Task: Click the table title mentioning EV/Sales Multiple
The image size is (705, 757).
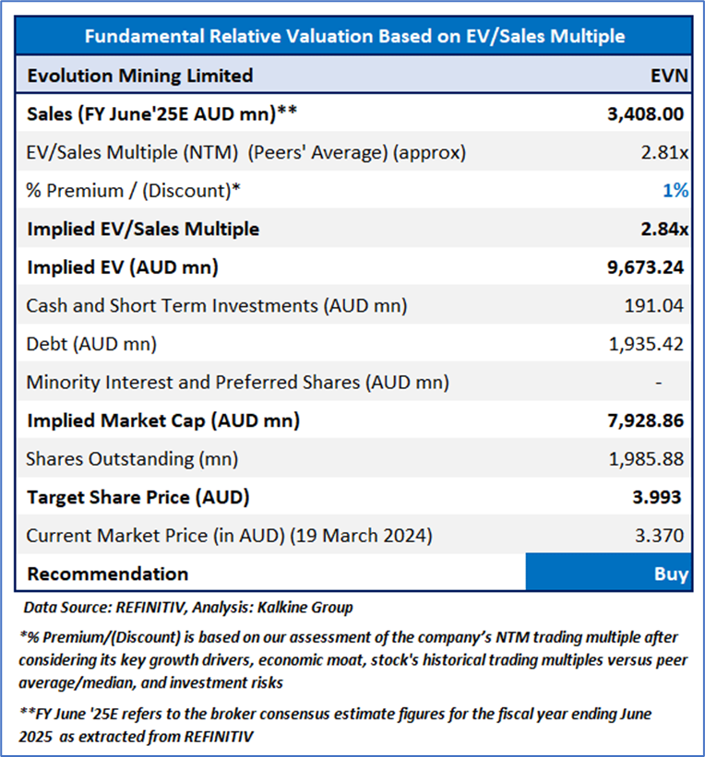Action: tap(354, 37)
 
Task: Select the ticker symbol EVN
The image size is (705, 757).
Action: tap(669, 76)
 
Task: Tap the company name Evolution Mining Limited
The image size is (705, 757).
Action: tap(139, 76)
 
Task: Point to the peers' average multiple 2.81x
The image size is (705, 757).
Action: tap(664, 152)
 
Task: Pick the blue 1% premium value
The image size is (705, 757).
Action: tap(675, 190)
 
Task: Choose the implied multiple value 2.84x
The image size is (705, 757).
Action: tap(663, 229)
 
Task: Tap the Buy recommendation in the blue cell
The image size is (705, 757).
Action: tap(671, 574)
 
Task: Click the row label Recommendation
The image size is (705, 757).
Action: tap(107, 574)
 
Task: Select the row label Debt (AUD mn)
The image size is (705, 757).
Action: tap(91, 344)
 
